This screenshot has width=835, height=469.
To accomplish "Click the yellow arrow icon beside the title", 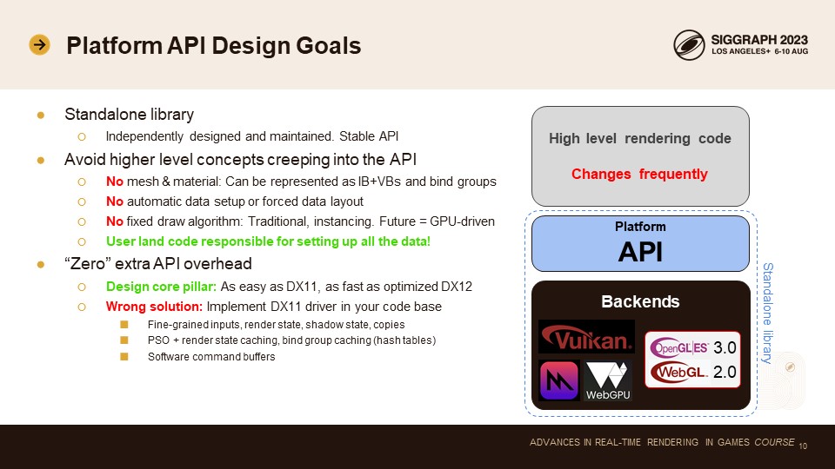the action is pos(39,44).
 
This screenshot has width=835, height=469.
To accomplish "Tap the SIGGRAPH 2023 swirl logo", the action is pos(689,44).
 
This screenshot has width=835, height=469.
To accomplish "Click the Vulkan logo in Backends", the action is pos(586,337).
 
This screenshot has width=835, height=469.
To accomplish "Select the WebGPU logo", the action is pos(608,380).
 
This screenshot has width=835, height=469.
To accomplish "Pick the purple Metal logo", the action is pos(558,380).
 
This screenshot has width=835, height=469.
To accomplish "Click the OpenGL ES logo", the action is pos(679,347).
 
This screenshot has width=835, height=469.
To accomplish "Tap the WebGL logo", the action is pos(679,372).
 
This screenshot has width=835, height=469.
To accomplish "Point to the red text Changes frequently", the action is pos(639,174).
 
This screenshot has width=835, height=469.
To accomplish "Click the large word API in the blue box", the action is pos(640,252).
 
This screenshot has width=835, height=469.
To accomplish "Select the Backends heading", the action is pos(640,301).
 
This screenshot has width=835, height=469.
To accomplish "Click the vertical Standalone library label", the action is pos(767,313).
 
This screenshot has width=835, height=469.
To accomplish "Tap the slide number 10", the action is pos(803,446).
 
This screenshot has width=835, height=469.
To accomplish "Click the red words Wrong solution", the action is pos(154,307).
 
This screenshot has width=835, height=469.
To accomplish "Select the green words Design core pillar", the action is pos(162,287).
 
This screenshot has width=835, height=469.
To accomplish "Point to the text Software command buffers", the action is pos(211,357).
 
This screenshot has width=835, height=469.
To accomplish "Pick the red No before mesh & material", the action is pos(115,182).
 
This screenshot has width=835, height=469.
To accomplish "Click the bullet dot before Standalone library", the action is pos(41,115).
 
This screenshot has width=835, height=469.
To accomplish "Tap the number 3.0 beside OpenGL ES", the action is pos(725,347).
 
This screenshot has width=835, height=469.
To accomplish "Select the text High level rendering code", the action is pos(640,139).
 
